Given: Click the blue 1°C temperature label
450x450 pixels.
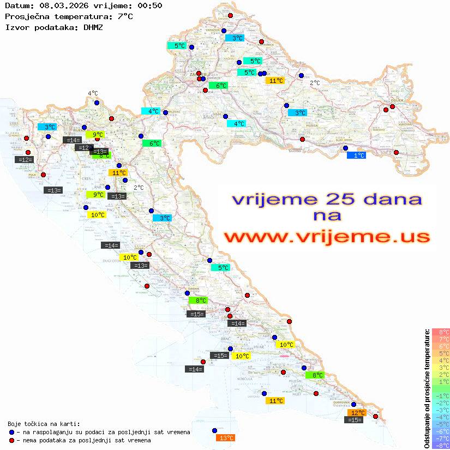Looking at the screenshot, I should coord(357,155).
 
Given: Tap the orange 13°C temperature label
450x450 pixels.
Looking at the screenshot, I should coord(226,437).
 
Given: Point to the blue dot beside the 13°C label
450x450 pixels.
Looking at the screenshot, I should coord(214,430).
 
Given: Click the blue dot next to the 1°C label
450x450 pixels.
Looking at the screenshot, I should coord(345,148).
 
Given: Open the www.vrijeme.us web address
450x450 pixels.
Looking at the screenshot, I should coord(326,237).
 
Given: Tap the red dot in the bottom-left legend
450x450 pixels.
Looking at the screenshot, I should coord(11,440).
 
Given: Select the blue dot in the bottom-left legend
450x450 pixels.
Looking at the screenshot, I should coord(11,432).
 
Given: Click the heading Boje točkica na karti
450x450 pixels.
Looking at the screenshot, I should coord(44,424).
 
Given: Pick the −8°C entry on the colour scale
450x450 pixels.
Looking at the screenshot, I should coord(441,445).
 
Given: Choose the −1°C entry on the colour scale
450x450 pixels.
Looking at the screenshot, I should coord(441,395).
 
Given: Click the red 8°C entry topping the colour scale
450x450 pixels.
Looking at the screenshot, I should coord(441,332).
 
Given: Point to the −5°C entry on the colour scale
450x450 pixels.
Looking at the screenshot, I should coord(441,424).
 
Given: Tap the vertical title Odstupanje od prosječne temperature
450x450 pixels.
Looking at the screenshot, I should coord(427,388).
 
